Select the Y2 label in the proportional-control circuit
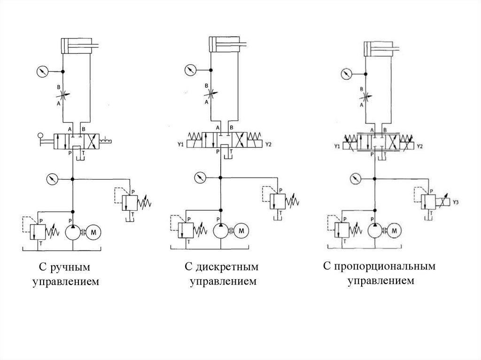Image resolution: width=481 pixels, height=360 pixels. tap(420, 146)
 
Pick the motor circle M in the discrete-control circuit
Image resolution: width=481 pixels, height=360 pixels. tap(242, 230)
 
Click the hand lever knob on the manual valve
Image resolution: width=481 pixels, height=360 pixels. tap(39, 137)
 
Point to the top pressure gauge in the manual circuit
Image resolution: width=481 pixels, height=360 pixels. tap(42, 71)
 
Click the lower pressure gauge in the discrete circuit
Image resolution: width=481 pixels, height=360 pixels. tap(200, 178)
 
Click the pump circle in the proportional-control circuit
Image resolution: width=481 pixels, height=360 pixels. tap(374, 230)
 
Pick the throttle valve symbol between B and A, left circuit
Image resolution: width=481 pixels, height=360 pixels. tap(64, 94)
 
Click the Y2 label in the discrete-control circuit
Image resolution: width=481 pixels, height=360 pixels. tap(268, 144)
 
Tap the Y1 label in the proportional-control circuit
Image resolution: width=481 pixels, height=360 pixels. tap(337, 146)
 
